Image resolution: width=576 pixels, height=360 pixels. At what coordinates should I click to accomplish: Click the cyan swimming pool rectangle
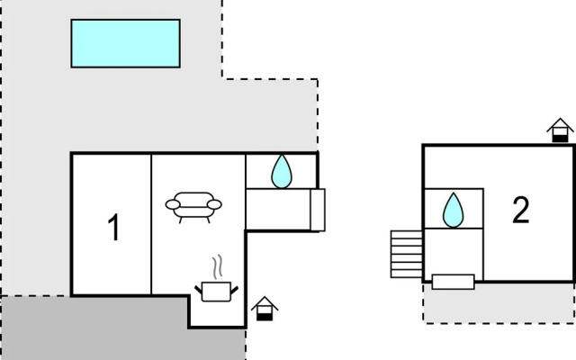pos(126,43)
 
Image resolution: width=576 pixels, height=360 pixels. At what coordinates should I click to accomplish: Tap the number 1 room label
pos(114,228)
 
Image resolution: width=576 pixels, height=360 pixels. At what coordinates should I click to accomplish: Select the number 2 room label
pos(521,210)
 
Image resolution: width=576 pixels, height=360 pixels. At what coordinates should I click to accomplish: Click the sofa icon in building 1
pos(193,207)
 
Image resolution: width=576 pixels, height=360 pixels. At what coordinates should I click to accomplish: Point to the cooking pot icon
pos(216,292)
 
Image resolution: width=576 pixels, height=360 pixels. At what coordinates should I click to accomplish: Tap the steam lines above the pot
pos(217,266)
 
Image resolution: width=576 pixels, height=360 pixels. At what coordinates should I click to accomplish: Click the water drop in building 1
pos(282,172)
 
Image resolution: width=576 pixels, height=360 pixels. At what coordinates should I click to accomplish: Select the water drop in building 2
pos(454,210)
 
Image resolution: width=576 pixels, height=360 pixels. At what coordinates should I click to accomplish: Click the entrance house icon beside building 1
pos(265,309)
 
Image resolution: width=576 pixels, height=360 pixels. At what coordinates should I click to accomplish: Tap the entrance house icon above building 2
pos(560,130)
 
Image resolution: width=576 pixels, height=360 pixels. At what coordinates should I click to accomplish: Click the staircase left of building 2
pos(407,254)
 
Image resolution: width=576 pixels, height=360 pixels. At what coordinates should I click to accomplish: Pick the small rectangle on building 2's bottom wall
pos(454,282)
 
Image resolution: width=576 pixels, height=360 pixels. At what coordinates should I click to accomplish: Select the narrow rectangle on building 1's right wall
pos(318,210)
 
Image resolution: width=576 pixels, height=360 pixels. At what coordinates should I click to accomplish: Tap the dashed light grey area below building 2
pos(499,303)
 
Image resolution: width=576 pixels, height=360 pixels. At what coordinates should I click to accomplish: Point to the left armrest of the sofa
pos(173,204)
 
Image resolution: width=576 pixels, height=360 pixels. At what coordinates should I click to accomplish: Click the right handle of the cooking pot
pos(234,290)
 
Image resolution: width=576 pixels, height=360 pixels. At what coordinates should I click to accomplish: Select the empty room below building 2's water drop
pos(454,252)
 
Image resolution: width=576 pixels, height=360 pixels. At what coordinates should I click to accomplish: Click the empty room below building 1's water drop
pos(278,210)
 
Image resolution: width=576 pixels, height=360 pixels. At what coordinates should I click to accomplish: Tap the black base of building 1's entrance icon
pos(265,317)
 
